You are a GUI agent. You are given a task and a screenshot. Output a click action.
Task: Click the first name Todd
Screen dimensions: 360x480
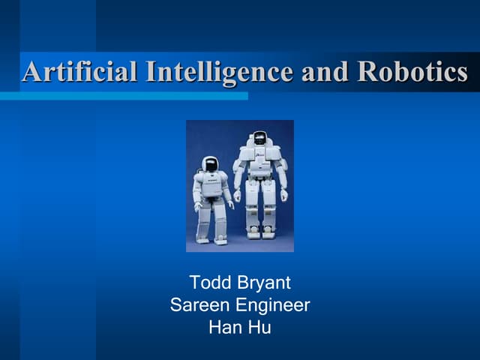210,283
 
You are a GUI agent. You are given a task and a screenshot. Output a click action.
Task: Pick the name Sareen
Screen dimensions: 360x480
196,305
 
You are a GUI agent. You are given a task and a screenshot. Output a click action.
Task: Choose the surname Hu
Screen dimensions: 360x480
259,327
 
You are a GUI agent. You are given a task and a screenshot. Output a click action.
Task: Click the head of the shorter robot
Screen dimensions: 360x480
210,164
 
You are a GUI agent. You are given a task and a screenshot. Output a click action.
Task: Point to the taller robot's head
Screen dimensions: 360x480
259,138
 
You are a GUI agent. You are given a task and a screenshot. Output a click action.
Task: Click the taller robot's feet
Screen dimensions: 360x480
260,233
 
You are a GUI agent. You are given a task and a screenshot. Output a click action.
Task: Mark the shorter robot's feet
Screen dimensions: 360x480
211,239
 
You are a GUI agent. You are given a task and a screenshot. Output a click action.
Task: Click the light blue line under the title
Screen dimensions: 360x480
124,96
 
